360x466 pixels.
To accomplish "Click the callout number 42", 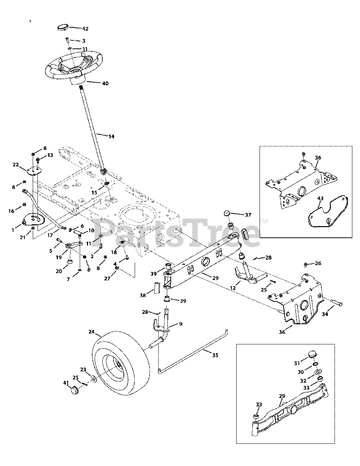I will [x=85, y=28].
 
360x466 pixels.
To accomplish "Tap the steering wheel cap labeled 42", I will [x=63, y=27].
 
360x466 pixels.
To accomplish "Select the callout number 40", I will [x=105, y=83].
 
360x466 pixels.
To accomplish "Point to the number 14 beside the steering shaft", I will [x=111, y=137].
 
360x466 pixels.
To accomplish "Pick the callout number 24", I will [x=91, y=332].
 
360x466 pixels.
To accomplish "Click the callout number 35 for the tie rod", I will [x=215, y=355].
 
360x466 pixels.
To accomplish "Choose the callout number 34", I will [x=325, y=314].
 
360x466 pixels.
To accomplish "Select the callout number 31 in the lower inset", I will [x=297, y=363].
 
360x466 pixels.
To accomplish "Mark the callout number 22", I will [x=16, y=165].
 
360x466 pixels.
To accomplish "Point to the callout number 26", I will [x=318, y=263].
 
